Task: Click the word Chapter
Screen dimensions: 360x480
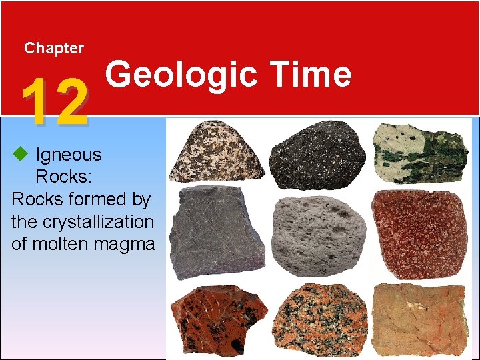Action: [x=53, y=48]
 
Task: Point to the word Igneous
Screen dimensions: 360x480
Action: [x=69, y=155]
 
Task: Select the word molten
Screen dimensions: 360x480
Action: [x=62, y=244]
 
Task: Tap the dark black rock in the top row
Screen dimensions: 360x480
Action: [x=321, y=154]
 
